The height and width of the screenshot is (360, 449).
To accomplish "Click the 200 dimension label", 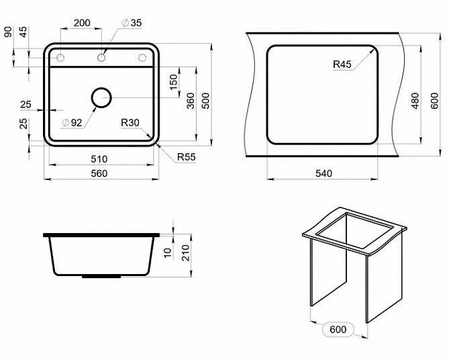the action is [82, 23].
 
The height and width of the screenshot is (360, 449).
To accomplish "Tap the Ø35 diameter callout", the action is [132, 23].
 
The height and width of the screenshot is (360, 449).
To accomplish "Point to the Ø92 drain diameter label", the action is [72, 123].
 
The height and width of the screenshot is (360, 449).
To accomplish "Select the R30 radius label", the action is [130, 123].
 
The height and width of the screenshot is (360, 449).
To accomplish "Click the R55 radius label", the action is [187, 157].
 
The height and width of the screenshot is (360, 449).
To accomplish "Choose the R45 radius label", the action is [342, 64].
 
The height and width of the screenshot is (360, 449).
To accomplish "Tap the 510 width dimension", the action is [99, 159].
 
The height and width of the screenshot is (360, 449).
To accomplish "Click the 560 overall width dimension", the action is [99, 173].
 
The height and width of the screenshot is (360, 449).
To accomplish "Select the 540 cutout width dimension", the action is [323, 173].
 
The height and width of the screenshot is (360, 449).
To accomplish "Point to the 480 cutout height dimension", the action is [415, 101].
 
